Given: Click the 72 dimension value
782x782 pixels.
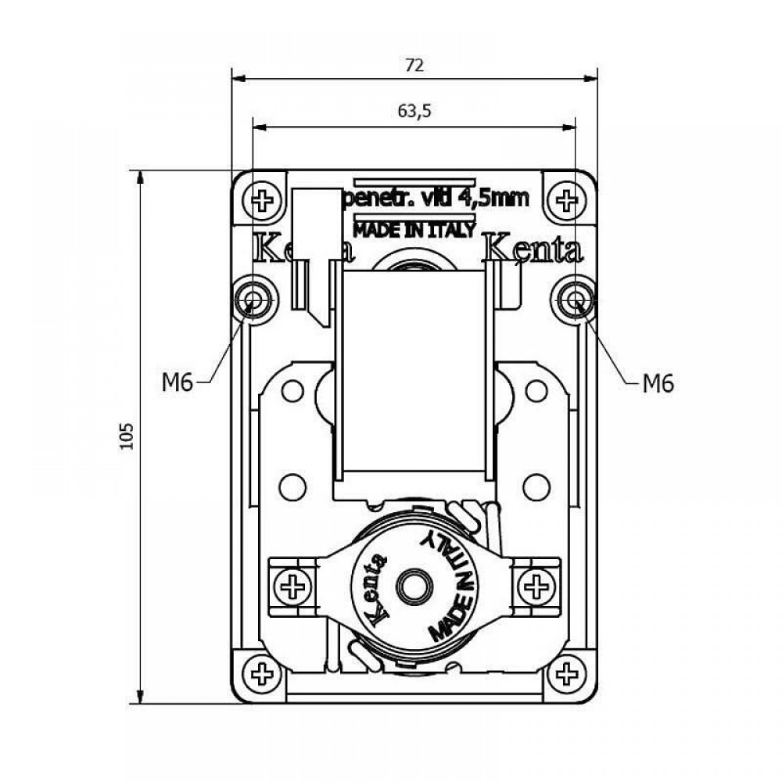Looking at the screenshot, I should coord(414,66).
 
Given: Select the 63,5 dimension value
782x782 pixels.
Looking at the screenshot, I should coord(414,111).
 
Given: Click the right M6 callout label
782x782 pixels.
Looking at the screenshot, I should coord(658,382).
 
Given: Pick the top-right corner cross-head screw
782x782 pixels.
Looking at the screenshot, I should coord(569,200).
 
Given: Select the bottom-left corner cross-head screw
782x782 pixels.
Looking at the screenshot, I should coord(260,673).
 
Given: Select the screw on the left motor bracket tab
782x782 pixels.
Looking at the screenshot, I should coord(293,586).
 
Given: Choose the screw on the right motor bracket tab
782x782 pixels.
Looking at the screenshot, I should coord(536,586).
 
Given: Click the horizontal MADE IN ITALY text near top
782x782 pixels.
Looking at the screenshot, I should coord(414,230).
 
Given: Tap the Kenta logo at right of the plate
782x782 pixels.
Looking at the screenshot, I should coord(533,250).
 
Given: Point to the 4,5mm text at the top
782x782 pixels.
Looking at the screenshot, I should coord(494,199).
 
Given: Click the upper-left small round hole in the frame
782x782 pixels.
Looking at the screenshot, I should coord(292,391).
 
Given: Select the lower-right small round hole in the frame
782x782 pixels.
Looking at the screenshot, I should coord(536,487).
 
